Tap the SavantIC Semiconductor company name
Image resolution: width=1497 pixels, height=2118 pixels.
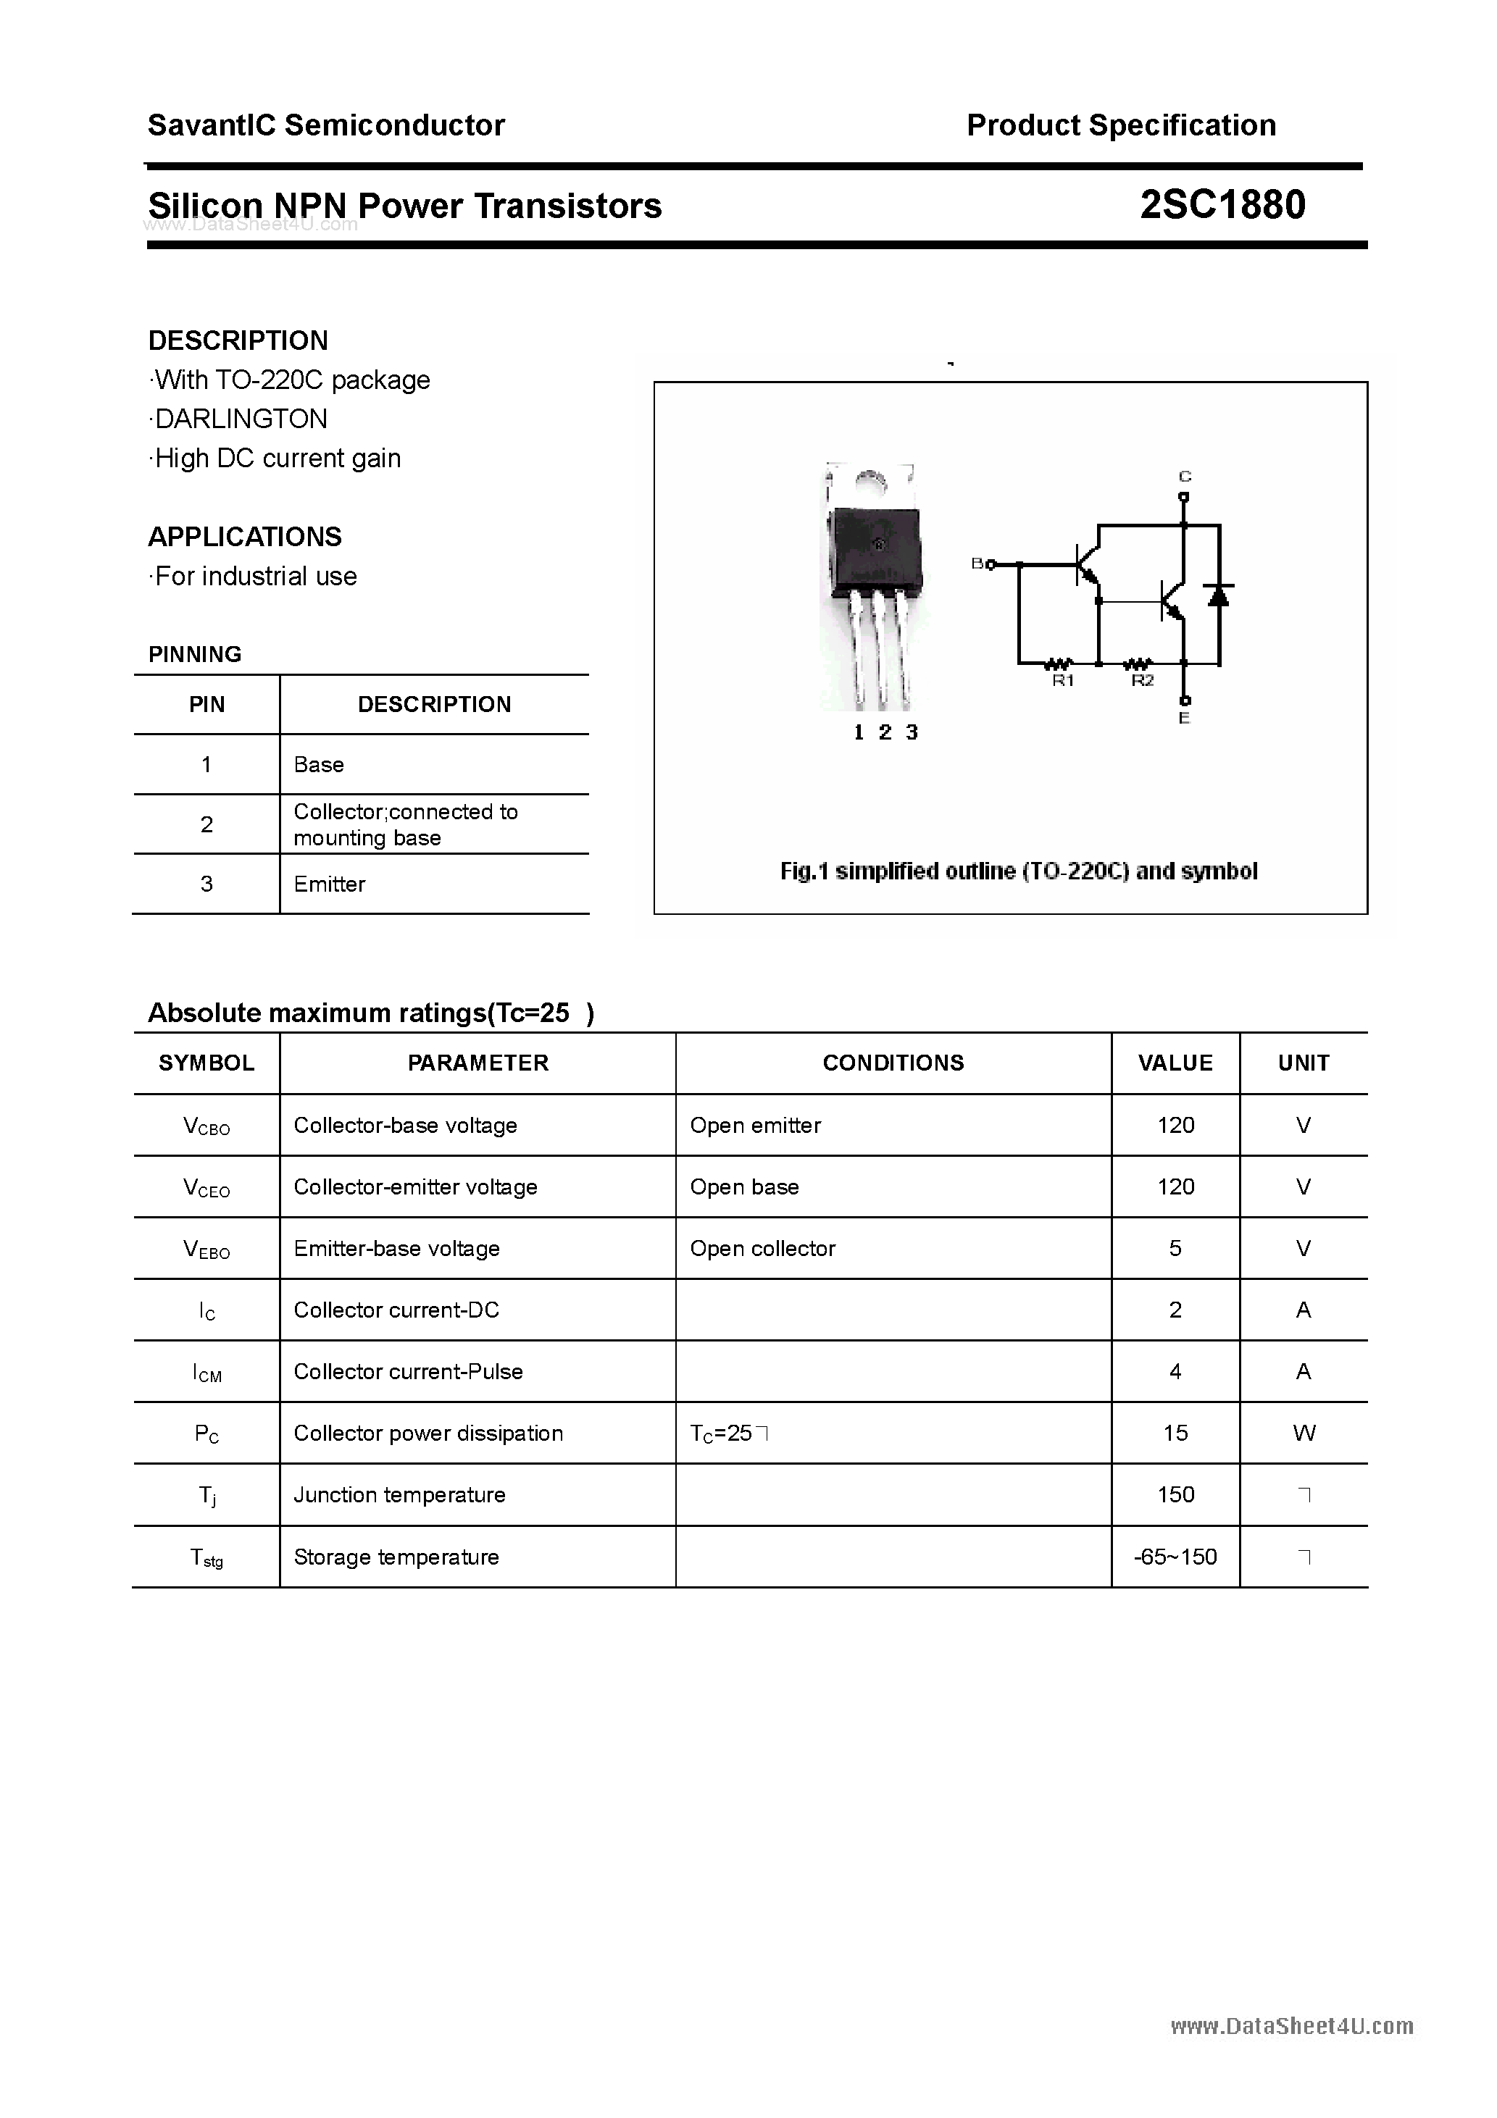(326, 125)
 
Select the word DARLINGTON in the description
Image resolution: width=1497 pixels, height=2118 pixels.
(240, 419)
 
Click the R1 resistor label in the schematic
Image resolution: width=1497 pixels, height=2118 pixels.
(1063, 681)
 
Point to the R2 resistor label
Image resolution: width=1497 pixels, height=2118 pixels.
(1143, 681)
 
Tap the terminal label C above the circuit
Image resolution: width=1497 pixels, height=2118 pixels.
(1185, 476)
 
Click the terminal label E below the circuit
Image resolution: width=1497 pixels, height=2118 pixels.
(1184, 718)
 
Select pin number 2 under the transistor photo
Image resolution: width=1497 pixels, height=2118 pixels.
(885, 732)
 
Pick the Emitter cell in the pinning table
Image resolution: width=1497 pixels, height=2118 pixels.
(330, 884)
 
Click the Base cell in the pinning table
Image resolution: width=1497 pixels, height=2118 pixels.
(318, 765)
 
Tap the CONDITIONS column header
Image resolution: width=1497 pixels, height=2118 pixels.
(893, 1063)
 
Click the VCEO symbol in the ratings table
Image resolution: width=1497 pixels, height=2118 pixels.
(207, 1188)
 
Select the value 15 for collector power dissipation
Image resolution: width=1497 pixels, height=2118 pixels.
(1175, 1433)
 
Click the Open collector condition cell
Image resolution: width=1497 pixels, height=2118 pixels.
(762, 1248)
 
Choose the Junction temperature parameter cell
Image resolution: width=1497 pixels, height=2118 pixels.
(400, 1494)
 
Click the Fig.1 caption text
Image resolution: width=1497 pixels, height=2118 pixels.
(1018, 871)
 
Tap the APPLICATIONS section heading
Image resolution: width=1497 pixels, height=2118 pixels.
(245, 537)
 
